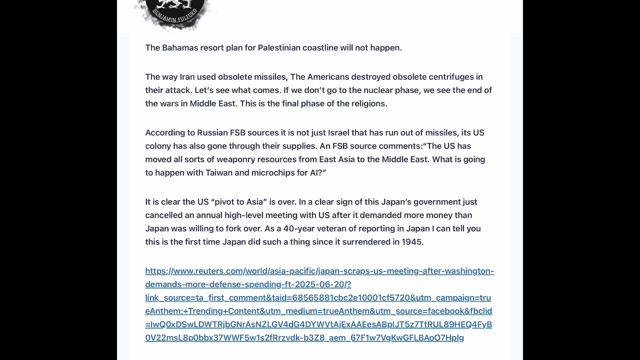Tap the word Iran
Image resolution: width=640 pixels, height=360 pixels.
[187, 77]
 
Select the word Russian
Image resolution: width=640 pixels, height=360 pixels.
[212, 133]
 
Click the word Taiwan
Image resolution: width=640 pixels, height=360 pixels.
[219, 173]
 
